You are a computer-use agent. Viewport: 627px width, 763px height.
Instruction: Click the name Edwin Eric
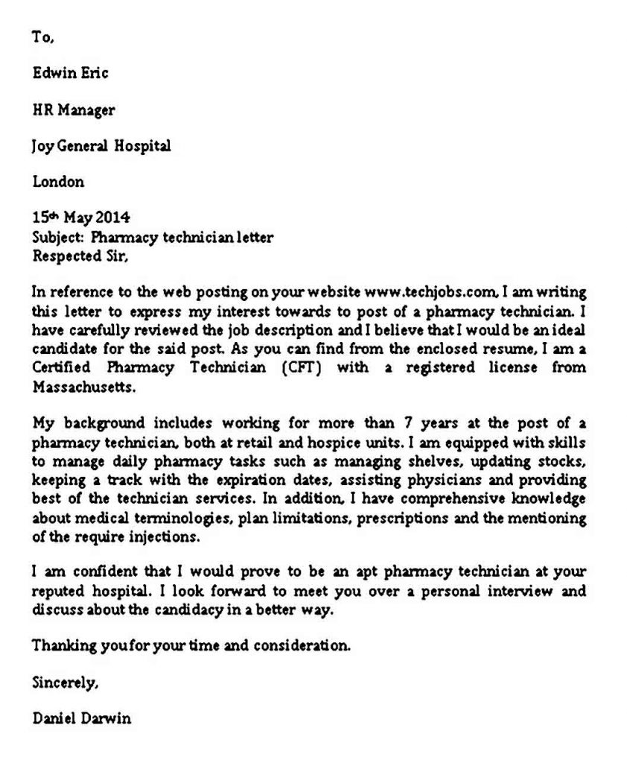pos(71,73)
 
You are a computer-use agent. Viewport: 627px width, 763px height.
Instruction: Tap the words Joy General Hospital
pos(101,146)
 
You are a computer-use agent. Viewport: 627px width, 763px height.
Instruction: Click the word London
pos(58,182)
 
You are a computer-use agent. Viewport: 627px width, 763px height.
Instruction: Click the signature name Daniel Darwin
pos(82,718)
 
